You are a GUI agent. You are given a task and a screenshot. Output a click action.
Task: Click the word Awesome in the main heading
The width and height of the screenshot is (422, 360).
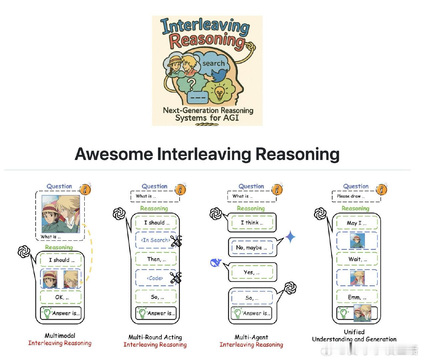(x=114, y=154)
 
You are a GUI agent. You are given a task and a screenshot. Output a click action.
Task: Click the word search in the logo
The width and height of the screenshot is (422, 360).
(x=214, y=63)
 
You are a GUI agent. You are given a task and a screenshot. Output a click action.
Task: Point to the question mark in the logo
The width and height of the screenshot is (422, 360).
(x=191, y=85)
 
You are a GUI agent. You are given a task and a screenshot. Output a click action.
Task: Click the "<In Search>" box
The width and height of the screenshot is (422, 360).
(x=156, y=240)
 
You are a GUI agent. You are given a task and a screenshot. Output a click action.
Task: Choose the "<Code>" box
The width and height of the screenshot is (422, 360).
(x=156, y=278)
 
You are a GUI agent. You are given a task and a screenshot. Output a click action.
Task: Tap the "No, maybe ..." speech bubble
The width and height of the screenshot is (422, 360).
(x=252, y=247)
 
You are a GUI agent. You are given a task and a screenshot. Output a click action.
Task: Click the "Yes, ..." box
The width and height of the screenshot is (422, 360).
(x=252, y=272)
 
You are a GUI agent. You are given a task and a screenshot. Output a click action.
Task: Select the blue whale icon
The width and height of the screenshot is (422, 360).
(x=216, y=262)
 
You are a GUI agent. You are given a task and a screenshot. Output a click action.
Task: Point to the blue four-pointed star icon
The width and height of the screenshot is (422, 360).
(x=290, y=237)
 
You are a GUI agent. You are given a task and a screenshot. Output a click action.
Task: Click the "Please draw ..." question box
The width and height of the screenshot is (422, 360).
(x=357, y=196)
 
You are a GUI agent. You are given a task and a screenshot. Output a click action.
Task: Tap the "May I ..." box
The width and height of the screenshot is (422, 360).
(x=357, y=223)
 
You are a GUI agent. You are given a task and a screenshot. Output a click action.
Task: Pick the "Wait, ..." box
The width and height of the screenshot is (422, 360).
(x=357, y=259)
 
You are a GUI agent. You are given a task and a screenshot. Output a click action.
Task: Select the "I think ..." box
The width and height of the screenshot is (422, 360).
(x=252, y=222)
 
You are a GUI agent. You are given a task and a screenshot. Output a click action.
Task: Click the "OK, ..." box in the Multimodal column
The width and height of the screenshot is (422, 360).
(x=61, y=297)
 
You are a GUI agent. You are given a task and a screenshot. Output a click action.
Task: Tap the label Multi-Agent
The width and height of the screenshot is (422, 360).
(x=251, y=337)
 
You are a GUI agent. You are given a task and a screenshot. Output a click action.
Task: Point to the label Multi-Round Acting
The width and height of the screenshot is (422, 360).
(x=155, y=337)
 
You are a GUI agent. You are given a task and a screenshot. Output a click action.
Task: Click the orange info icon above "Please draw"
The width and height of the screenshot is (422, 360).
(x=381, y=190)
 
